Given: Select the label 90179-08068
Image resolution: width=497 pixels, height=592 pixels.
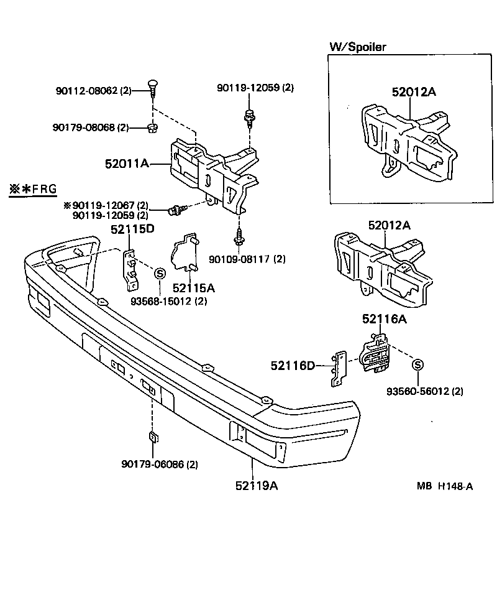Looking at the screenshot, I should (90, 127).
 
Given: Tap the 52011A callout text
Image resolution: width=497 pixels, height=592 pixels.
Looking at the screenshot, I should (127, 164).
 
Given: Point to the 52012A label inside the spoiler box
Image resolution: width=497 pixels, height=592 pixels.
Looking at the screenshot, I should (414, 92).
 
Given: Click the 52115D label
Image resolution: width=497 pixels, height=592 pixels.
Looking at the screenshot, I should (132, 229).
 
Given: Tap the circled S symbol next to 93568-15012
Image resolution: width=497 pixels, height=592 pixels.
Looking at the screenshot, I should (159, 273).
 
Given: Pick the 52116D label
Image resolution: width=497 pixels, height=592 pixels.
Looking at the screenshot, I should (293, 366).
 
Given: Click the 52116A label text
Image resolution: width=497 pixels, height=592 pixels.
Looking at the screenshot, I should (385, 320).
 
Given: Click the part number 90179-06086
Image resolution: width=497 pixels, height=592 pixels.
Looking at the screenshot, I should (159, 465).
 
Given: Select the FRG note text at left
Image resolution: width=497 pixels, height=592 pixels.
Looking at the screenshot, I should (32, 190).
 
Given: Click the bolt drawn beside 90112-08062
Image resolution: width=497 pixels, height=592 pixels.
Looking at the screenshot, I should (152, 86).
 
